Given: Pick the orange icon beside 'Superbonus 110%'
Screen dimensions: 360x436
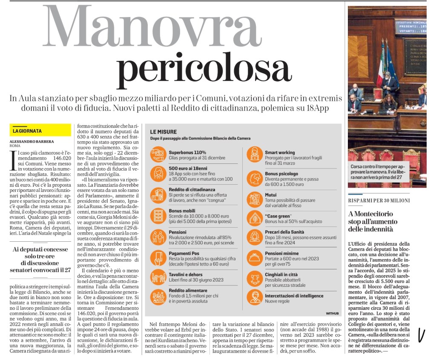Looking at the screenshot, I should [158, 154].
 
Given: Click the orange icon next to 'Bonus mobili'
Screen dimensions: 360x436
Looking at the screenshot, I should [158, 215].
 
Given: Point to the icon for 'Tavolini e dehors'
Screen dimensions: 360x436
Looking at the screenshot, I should [158, 277].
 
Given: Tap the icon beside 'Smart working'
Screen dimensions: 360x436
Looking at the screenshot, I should [255, 154].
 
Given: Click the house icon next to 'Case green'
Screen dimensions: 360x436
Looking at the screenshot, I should [255, 217].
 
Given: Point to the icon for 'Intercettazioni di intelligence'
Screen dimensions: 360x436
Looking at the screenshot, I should [255, 297].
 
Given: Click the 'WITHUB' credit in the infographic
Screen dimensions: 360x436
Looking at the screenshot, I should [332, 313].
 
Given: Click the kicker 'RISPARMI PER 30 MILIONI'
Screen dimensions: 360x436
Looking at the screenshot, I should [379, 200].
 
